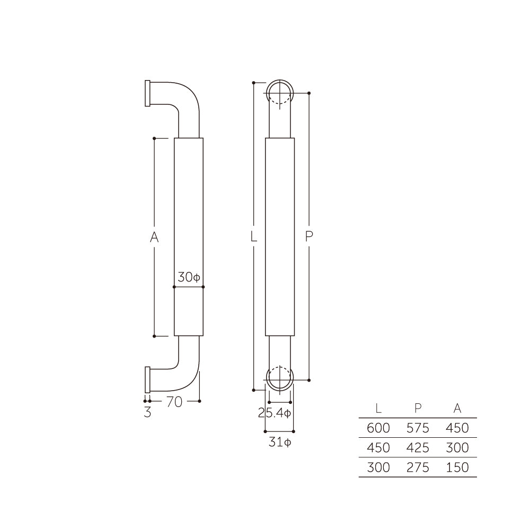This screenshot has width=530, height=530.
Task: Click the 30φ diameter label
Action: point(188,277)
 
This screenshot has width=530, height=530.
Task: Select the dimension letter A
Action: point(154,237)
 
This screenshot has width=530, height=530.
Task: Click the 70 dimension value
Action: point(174,402)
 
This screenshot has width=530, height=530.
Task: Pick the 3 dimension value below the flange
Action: point(147,412)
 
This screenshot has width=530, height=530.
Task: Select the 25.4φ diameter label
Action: point(275,413)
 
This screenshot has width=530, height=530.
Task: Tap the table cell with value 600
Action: point(378,428)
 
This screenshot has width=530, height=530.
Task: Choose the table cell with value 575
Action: point(418,428)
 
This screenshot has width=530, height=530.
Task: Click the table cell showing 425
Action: point(418,448)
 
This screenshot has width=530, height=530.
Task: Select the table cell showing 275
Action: point(418,467)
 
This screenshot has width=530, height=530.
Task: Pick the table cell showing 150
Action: point(457,467)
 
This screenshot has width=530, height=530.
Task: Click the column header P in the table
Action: point(418,408)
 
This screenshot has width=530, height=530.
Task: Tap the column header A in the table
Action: point(457,408)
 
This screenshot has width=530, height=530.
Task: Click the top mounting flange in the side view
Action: point(147,93)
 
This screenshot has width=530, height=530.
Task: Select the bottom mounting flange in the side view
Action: point(147,379)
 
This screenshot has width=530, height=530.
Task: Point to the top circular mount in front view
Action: point(279,94)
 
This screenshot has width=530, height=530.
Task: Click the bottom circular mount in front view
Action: point(279,378)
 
